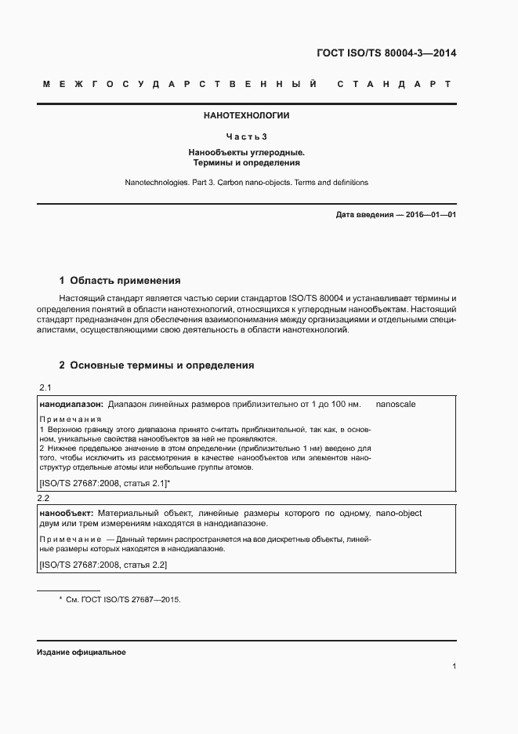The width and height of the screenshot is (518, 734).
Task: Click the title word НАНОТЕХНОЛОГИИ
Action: coord(247,115)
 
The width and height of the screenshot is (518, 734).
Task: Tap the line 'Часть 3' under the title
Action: coord(247,136)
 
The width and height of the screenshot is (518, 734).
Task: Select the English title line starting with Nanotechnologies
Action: coord(247,182)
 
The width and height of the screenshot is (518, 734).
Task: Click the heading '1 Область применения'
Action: coord(120,280)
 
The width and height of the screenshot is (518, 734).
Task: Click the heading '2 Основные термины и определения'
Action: coord(157,365)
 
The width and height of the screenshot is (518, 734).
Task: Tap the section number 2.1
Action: coord(45,389)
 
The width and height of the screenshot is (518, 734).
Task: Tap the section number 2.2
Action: coord(44,498)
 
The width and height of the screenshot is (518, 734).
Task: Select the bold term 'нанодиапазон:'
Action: coord(71,404)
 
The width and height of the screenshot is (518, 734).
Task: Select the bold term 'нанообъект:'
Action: coord(67,513)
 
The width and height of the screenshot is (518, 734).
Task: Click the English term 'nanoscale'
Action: coord(396,404)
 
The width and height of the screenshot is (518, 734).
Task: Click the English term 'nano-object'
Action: coord(399,513)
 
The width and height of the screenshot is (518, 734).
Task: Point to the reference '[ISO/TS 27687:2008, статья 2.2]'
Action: coord(103,565)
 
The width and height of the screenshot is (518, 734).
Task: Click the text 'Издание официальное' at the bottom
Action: coord(81,652)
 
